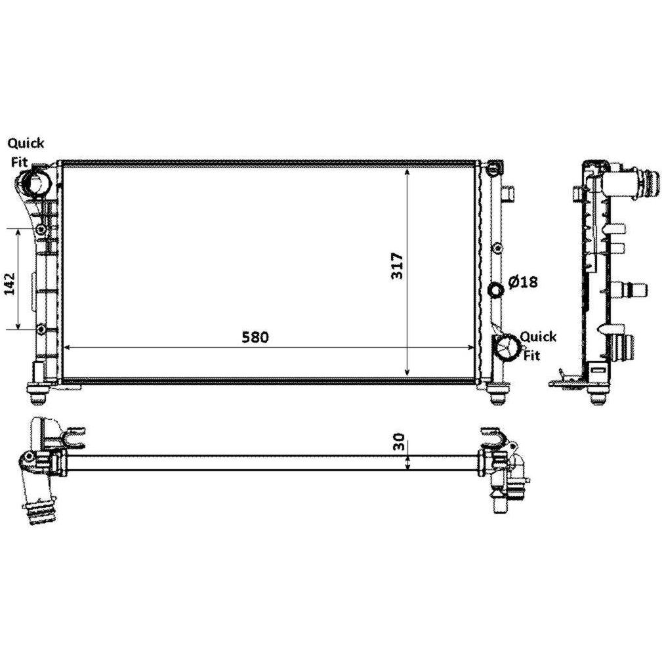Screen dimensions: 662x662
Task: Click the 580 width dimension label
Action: tap(255, 337)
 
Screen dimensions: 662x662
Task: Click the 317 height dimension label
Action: tap(398, 266)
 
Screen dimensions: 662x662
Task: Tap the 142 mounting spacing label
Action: tap(9, 283)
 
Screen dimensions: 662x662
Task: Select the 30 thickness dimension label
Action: tap(399, 442)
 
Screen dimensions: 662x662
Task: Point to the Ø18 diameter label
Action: tap(523, 281)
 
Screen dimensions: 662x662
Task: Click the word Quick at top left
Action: tap(26, 143)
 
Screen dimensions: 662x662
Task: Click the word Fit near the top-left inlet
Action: tap(19, 161)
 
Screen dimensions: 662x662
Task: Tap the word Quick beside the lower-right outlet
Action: tap(538, 337)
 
